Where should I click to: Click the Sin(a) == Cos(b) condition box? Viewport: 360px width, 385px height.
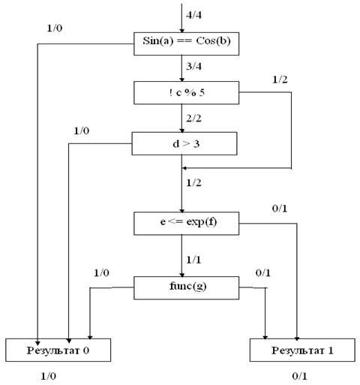pyautogui.click(x=186, y=44)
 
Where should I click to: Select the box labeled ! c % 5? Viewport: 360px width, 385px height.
pyautogui.click(x=186, y=92)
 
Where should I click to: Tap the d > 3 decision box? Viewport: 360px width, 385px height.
pyautogui.click(x=184, y=143)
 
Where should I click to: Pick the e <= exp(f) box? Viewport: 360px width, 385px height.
pyautogui.click(x=186, y=224)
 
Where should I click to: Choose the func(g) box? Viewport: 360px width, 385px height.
pyautogui.click(x=186, y=288)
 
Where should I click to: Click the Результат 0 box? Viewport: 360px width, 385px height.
pyautogui.click(x=58, y=350)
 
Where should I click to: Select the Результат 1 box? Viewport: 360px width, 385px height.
pyautogui.click(x=302, y=350)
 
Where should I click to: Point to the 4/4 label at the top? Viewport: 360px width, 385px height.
pyautogui.click(x=193, y=15)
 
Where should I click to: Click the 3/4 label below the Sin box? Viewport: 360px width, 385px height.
pyautogui.click(x=193, y=67)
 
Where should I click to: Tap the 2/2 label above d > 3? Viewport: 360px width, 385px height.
pyautogui.click(x=193, y=118)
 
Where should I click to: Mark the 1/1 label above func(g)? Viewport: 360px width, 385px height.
pyautogui.click(x=193, y=260)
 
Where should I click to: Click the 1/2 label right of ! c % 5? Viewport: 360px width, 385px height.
pyautogui.click(x=280, y=80)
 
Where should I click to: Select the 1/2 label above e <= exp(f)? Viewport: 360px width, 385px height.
pyautogui.click(x=193, y=183)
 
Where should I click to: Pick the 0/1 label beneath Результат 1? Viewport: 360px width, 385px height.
pyautogui.click(x=299, y=376)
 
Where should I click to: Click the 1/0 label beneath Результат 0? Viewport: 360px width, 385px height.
pyautogui.click(x=49, y=376)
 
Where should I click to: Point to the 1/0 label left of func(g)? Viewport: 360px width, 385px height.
pyautogui.click(x=101, y=272)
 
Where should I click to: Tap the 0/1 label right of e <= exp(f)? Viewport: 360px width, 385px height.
pyautogui.click(x=280, y=209)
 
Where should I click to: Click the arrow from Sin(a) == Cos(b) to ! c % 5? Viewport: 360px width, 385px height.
pyautogui.click(x=182, y=68)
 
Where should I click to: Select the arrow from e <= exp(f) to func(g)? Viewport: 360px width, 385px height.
pyautogui.click(x=182, y=256)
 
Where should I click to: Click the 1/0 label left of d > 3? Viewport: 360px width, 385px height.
pyautogui.click(x=82, y=131)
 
